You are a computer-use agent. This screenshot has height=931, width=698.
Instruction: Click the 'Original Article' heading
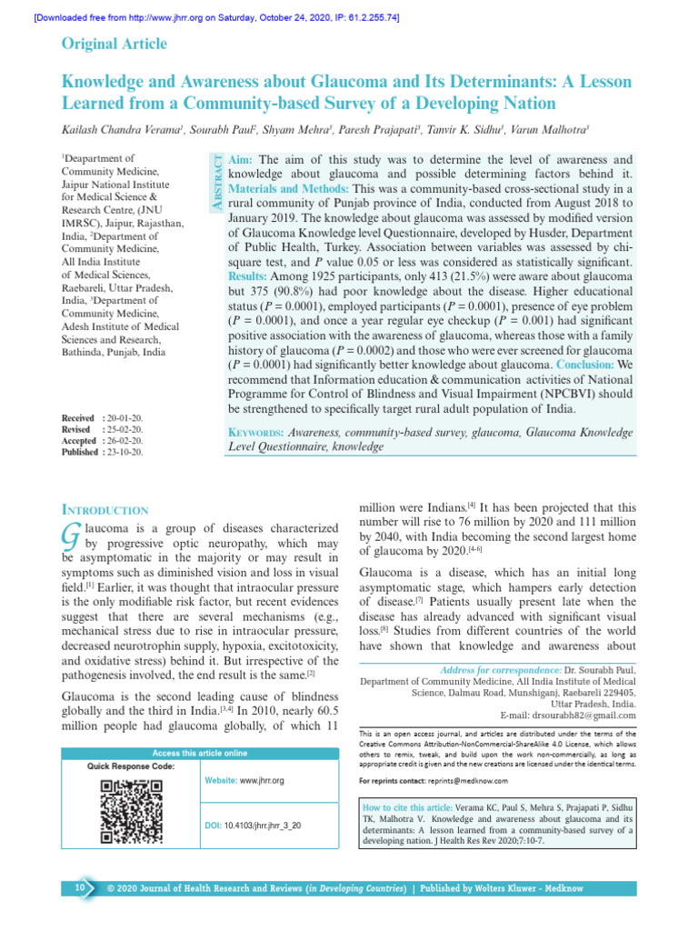point(114,45)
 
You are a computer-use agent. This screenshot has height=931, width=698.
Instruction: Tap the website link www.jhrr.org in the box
point(262,780)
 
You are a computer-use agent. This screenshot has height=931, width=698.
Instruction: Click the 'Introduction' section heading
point(105,510)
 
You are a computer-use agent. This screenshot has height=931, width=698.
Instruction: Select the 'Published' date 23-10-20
point(125,451)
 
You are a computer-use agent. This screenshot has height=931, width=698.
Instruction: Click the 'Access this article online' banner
point(199,753)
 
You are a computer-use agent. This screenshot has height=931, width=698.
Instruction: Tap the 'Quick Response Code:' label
point(131,766)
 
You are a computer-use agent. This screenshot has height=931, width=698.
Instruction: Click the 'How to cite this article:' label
point(408,807)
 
